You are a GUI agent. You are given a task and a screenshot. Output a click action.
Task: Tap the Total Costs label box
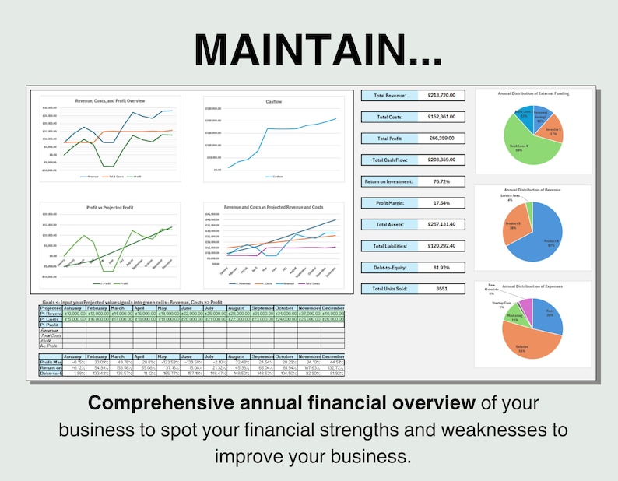pyautogui.click(x=388, y=117)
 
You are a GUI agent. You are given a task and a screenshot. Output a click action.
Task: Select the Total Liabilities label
pyautogui.click(x=388, y=246)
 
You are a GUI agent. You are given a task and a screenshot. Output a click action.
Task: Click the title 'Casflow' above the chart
pyautogui.click(x=275, y=101)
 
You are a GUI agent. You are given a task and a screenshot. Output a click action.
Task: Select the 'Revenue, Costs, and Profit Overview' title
pyautogui.click(x=109, y=101)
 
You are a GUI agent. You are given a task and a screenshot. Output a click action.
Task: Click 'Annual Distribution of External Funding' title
pyautogui.click(x=533, y=93)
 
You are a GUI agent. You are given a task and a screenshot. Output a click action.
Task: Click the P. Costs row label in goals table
pyautogui.click(x=51, y=319)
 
